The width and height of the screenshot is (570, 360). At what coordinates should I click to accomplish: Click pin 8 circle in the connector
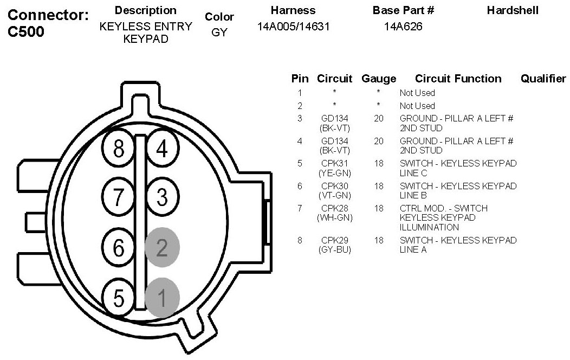pyautogui.click(x=120, y=149)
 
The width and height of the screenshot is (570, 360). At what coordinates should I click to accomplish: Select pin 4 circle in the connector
pyautogui.click(x=162, y=149)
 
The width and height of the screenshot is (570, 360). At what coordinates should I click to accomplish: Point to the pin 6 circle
pyautogui.click(x=120, y=247)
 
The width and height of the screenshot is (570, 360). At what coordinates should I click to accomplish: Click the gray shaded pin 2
pyautogui.click(x=162, y=247)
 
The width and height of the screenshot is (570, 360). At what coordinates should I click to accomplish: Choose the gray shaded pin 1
pyautogui.click(x=162, y=297)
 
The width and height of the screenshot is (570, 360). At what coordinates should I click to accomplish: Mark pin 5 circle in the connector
pyautogui.click(x=120, y=297)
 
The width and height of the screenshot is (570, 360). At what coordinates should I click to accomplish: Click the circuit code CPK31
pyautogui.click(x=334, y=163)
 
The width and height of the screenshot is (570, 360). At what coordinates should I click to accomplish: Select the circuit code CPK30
pyautogui.click(x=334, y=186)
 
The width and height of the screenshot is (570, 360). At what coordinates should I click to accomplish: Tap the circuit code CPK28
pyautogui.click(x=334, y=208)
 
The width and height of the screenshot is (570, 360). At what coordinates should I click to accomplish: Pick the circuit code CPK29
pyautogui.click(x=334, y=240)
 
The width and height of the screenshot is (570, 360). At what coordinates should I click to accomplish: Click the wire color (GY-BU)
pyautogui.click(x=334, y=250)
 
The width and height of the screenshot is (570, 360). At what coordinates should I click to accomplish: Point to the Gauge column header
pyautogui.click(x=378, y=79)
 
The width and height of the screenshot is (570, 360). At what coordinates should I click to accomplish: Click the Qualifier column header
pyautogui.click(x=543, y=79)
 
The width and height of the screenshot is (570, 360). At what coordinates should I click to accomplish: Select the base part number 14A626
pyautogui.click(x=403, y=27)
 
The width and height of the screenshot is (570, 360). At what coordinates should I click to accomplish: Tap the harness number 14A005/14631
pyautogui.click(x=293, y=27)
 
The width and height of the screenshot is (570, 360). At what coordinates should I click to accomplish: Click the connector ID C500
pyautogui.click(x=27, y=32)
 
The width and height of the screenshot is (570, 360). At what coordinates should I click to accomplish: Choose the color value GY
pyautogui.click(x=219, y=33)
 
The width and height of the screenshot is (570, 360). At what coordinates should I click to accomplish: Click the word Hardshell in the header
pyautogui.click(x=513, y=11)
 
